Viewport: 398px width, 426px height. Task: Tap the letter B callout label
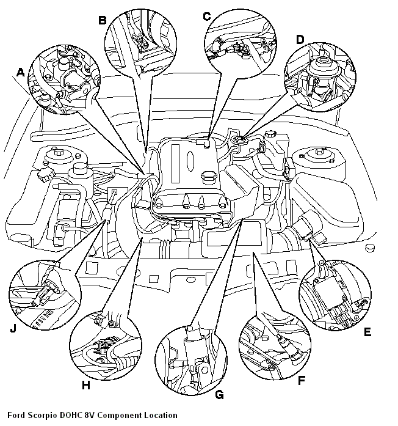(x=103, y=20)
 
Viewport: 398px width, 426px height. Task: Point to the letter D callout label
(x=300, y=40)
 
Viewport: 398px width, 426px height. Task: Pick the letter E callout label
(x=367, y=332)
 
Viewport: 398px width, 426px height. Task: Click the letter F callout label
(x=300, y=380)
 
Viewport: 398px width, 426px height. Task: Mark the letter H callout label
(x=85, y=385)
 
